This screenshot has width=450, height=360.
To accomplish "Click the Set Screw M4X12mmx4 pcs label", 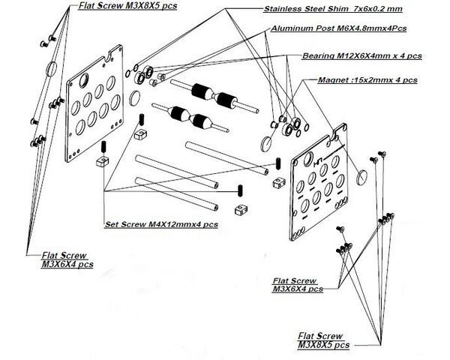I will pyautogui.click(x=160, y=223).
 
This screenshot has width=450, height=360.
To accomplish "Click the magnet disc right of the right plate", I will pyautogui.click(x=361, y=177).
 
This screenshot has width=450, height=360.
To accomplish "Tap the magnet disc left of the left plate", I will pyautogui.click(x=52, y=67).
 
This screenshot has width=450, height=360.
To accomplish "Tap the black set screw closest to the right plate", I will pyautogui.click(x=277, y=163).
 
